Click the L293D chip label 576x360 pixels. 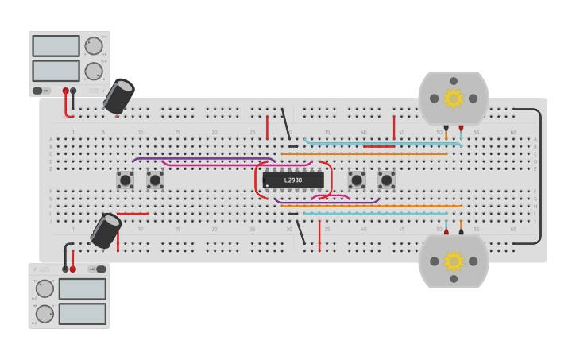coord(293,180)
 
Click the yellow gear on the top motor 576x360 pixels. coord(454,99)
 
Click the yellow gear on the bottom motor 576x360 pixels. coord(454,261)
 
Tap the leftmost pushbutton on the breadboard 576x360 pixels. coord(125,180)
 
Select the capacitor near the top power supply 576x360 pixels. coord(120,96)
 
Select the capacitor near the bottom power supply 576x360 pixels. coord(106,230)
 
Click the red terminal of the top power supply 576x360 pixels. coord(66,91)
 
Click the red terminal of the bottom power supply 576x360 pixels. coord(73,269)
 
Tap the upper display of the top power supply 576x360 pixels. coord(56,46)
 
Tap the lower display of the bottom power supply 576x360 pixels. coord(82,313)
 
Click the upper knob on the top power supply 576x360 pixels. coord(93,46)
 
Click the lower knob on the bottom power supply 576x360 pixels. coord(44,313)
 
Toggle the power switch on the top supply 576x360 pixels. coord(37,91)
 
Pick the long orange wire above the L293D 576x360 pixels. coord(365,153)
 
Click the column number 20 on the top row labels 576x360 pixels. coord(215,132)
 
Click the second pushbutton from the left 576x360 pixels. coord(155,180)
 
